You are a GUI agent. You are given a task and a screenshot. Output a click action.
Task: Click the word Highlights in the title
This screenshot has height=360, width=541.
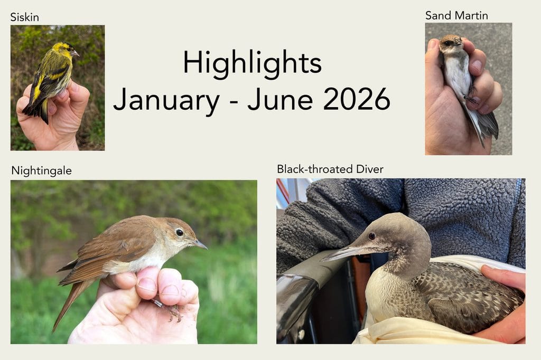point(252,63)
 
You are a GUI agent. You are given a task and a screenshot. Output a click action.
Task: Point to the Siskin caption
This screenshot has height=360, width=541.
point(24,17)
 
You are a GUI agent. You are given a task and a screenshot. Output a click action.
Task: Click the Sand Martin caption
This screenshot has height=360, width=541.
point(456,15)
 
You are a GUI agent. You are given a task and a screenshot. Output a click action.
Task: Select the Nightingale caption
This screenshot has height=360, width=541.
point(41,170)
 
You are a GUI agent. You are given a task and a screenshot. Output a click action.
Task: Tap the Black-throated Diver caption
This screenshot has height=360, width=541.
point(330,169)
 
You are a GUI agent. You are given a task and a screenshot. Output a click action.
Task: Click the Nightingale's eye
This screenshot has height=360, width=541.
point(180,232)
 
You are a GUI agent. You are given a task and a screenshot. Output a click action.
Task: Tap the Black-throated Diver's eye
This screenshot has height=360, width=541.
point(371,236)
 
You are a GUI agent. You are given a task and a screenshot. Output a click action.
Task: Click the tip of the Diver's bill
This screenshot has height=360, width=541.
point(321,260)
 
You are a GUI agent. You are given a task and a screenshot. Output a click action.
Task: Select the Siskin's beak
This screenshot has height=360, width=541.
point(75,53)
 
